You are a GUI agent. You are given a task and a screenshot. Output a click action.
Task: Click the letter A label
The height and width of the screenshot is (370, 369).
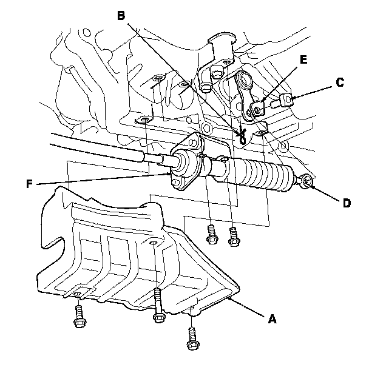pyautogui.click(x=272, y=317)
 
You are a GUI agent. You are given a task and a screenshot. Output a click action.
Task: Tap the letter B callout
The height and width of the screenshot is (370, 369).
pyautogui.click(x=121, y=15)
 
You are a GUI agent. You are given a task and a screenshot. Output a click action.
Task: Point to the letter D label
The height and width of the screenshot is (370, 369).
pyautogui.click(x=347, y=203)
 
